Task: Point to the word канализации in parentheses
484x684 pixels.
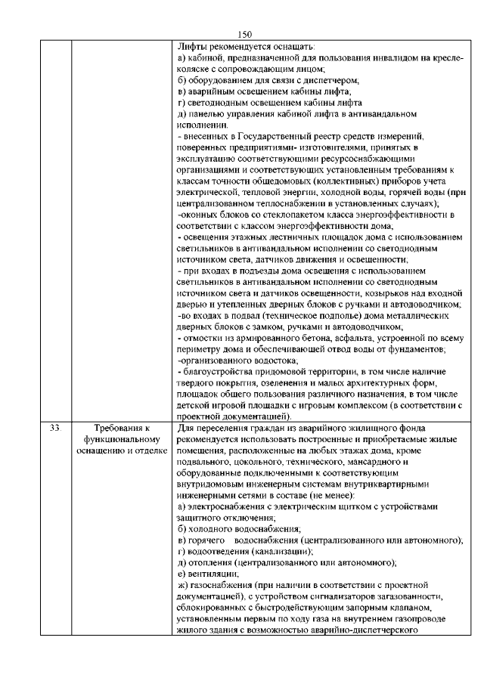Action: (x=277, y=552)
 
